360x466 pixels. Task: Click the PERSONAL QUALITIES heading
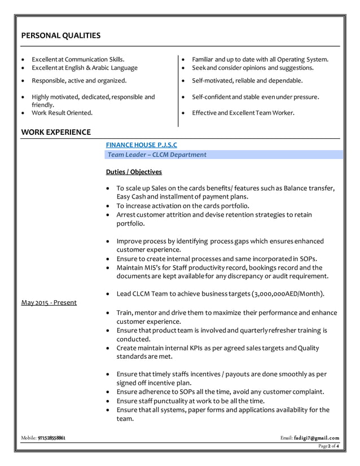pos(61,36)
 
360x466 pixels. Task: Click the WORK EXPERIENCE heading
pos(56,133)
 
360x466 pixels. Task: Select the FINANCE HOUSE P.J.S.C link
pos(141,145)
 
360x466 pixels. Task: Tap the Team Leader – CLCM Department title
pos(157,155)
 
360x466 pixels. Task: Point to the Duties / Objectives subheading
pos(134,172)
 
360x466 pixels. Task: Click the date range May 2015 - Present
pos(49,302)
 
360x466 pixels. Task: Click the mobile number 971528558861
pos(51,438)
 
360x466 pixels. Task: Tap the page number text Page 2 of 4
pos(328,446)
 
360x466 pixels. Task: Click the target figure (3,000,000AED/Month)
pos(288,294)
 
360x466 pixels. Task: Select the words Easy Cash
pos(131,196)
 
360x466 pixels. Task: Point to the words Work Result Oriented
pos(62,113)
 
